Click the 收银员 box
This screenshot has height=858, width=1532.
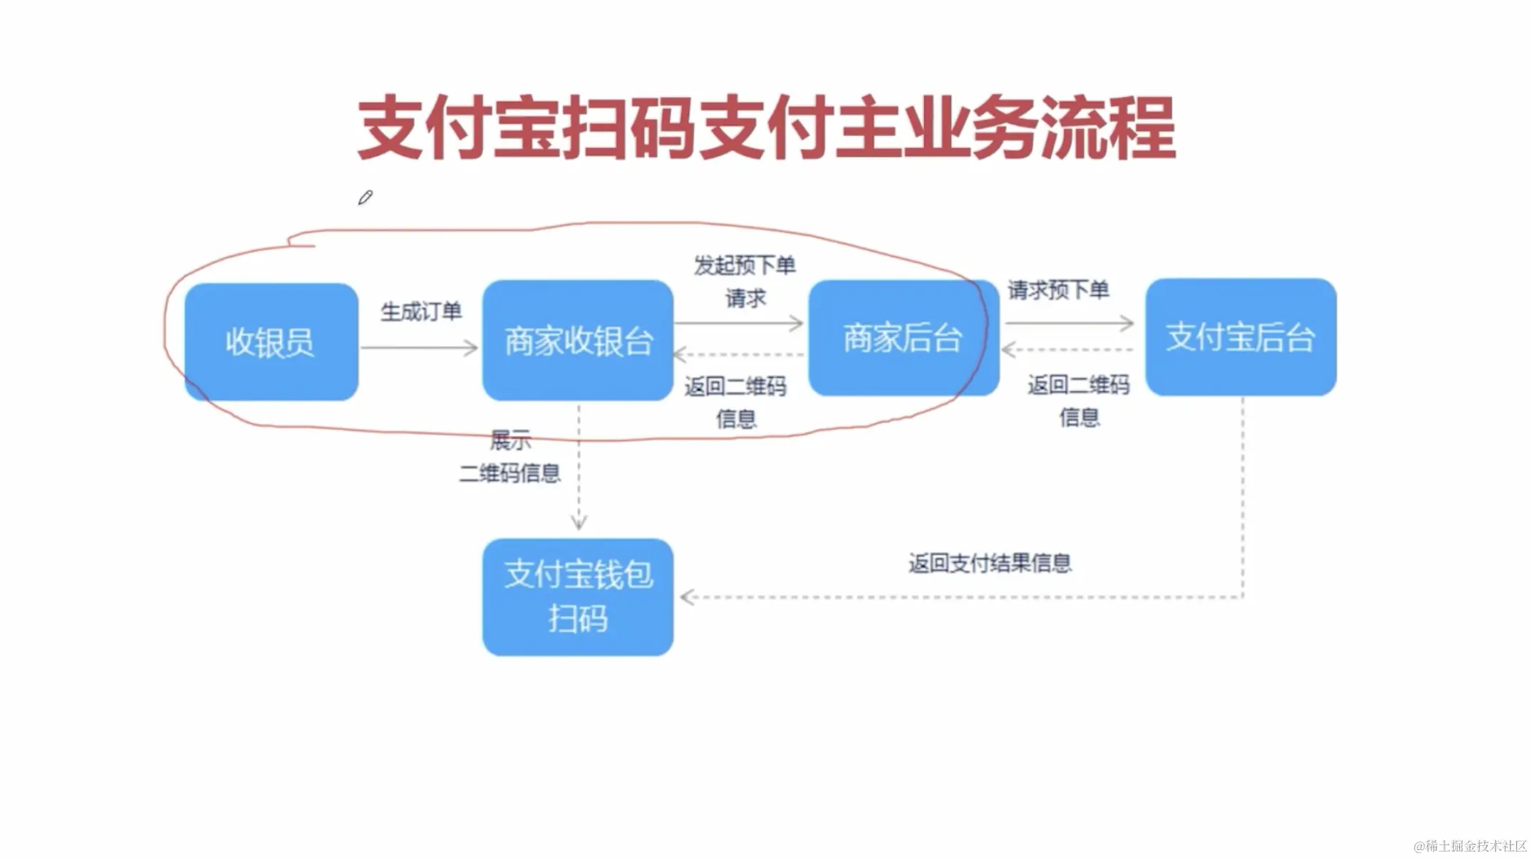pos(271,342)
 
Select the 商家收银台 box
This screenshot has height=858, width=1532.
pos(578,341)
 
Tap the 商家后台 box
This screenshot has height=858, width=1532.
pos(903,338)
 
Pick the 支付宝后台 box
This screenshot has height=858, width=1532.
pos(1241,337)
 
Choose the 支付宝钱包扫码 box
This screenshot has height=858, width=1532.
pos(578,596)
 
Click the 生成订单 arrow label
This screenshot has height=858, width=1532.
pos(421,311)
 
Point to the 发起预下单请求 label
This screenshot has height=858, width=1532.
pos(745,281)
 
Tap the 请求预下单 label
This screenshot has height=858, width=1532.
pos(1058,290)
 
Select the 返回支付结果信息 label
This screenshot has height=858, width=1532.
pos(990,563)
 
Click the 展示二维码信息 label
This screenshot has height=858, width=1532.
pos(510,457)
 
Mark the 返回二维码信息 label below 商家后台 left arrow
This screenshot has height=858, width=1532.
pos(735,402)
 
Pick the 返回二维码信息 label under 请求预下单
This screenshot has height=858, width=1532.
pos(1079,400)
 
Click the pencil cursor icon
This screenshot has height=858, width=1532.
pos(366,197)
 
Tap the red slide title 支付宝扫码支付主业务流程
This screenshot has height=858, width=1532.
pos(766,128)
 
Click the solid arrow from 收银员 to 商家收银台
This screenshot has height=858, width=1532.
pos(420,348)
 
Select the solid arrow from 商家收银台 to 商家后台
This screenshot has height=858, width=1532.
pos(739,324)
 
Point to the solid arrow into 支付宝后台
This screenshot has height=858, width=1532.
pos(1070,324)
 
